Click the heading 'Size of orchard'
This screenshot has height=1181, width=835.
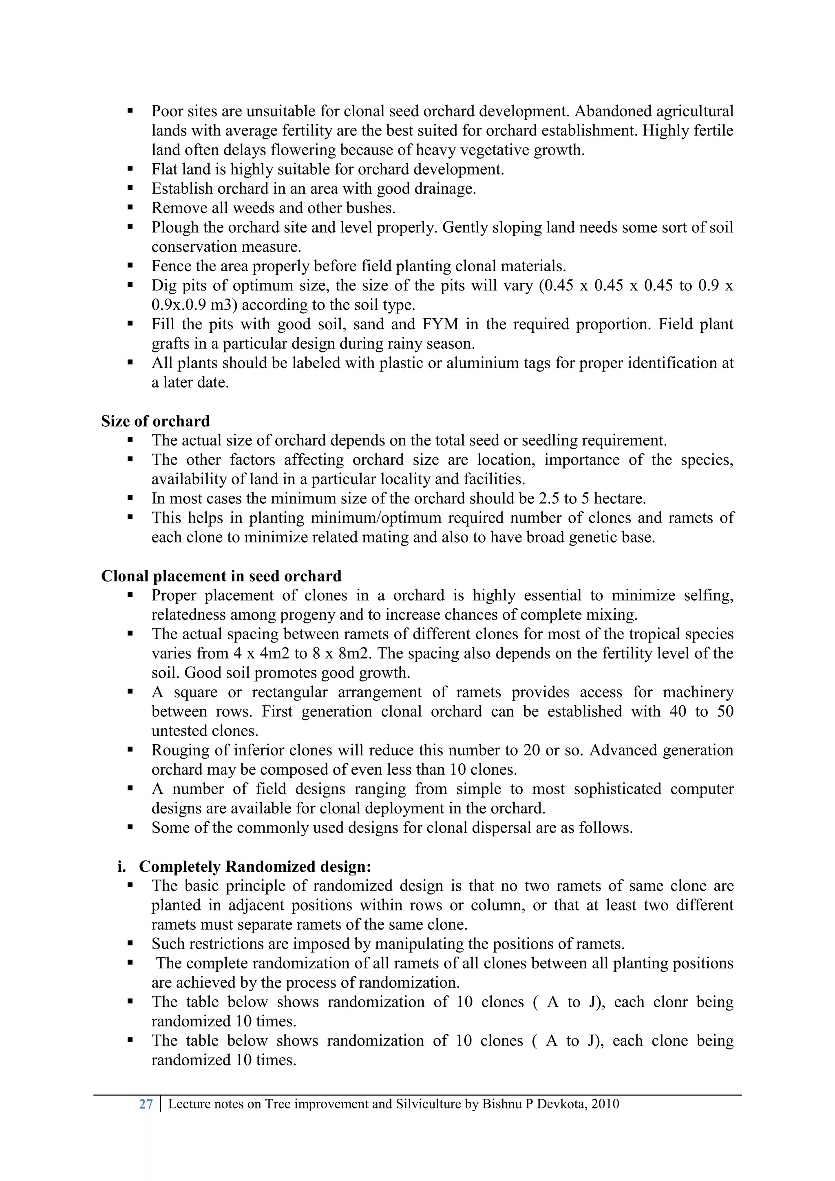click(155, 421)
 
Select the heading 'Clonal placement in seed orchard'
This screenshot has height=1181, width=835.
click(221, 576)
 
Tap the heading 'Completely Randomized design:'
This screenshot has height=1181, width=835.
click(255, 867)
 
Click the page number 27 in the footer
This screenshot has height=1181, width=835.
click(146, 1104)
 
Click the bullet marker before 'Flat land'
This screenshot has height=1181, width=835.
click(130, 169)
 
